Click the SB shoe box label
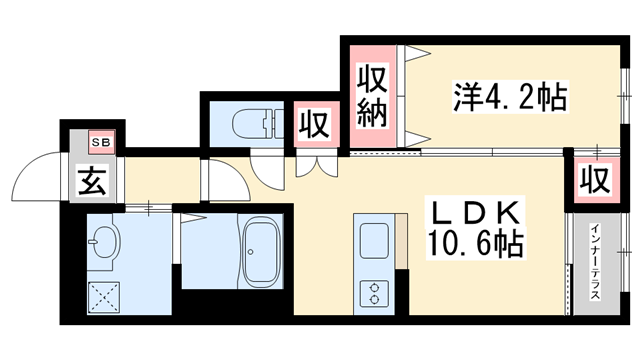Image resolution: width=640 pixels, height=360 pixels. [x=103, y=141]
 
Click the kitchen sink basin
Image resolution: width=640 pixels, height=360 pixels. [x=374, y=241]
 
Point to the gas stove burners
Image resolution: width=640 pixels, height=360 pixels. [x=374, y=292]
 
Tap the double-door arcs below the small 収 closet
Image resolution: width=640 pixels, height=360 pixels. [x=313, y=165]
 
